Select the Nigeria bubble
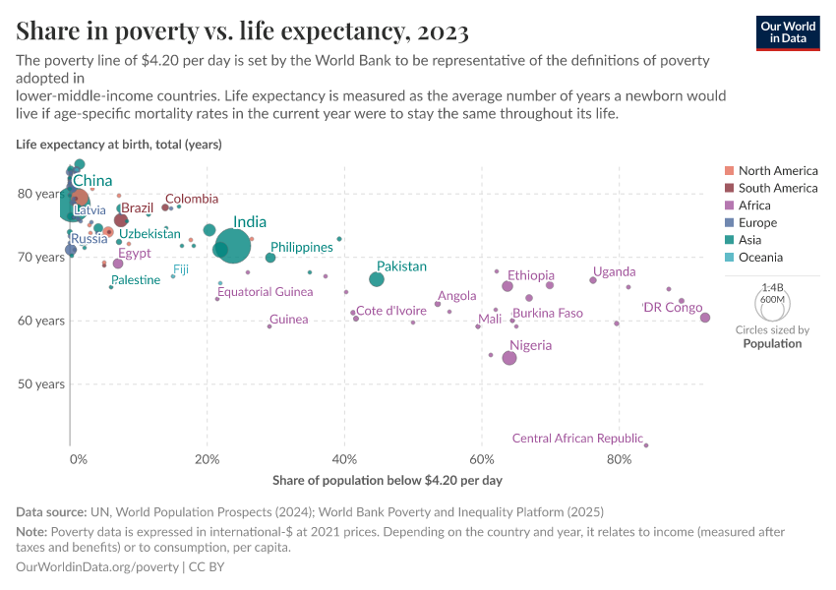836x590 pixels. pyautogui.click(x=509, y=358)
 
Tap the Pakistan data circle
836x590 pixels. pyautogui.click(x=377, y=279)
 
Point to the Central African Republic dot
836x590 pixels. pyautogui.click(x=646, y=445)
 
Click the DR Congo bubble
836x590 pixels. pyautogui.click(x=705, y=318)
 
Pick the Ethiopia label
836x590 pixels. pyautogui.click(x=531, y=275)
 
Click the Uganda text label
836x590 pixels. pyautogui.click(x=614, y=271)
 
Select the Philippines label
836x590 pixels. pyautogui.click(x=302, y=247)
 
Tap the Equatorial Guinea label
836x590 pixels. pyautogui.click(x=266, y=292)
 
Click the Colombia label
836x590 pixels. pyautogui.click(x=192, y=199)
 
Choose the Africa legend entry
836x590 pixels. pyautogui.click(x=754, y=206)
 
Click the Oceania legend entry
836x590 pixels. pyautogui.click(x=760, y=258)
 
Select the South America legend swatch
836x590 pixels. pyautogui.click(x=729, y=188)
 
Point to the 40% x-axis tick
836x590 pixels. pyautogui.click(x=344, y=459)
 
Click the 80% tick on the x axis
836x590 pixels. pyautogui.click(x=619, y=459)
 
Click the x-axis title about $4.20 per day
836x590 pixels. pyautogui.click(x=387, y=481)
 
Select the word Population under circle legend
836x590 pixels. pyautogui.click(x=772, y=344)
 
